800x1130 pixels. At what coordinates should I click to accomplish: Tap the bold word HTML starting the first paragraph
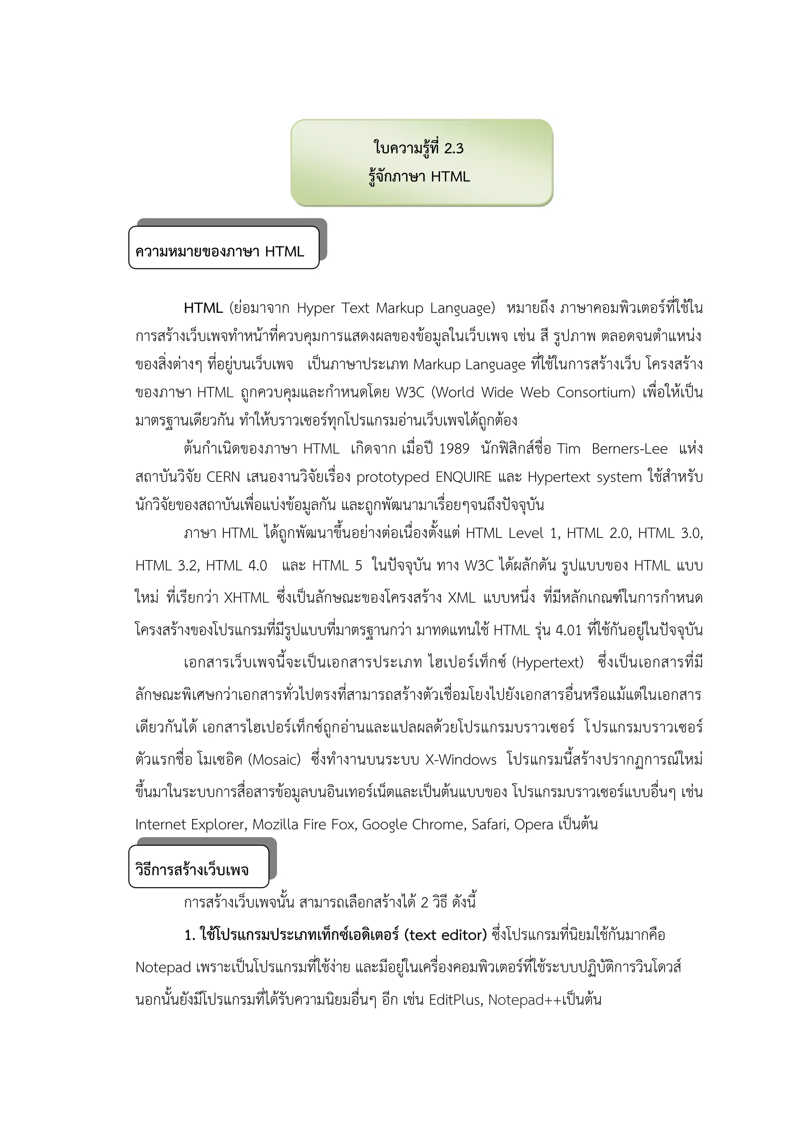coord(203,308)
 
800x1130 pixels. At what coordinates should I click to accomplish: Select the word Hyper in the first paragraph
coord(315,308)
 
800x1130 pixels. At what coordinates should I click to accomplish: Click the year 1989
coord(454,449)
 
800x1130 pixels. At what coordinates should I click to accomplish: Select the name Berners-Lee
coord(630,449)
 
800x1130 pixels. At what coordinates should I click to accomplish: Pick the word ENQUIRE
coord(464,477)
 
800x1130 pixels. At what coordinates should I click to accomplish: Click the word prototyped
coord(393,477)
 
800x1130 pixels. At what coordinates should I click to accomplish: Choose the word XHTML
coord(246,598)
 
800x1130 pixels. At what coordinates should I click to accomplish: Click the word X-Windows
coord(461,760)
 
